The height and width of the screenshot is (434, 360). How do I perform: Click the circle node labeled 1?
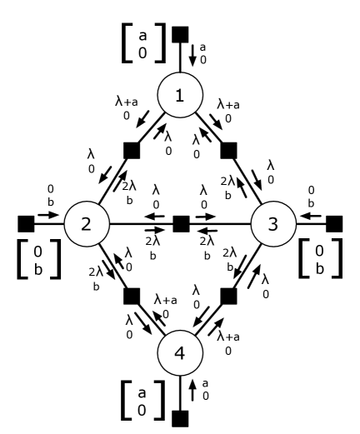180,97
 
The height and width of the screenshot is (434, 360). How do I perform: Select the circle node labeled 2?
86,223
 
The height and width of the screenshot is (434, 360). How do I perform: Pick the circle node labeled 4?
180,350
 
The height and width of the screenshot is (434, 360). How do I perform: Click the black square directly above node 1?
180,34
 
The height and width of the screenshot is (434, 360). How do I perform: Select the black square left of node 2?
24,223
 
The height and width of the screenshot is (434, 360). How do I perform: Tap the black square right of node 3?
336,223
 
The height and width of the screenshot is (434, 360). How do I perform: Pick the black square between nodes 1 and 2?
132,151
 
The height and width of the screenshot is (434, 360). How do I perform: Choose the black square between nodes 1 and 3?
229,151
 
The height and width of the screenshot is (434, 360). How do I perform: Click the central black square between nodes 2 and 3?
180,223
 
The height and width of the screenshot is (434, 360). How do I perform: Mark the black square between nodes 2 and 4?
132,296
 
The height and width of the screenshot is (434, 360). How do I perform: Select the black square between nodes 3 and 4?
229,296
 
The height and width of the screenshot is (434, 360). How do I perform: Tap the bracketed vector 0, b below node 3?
323,270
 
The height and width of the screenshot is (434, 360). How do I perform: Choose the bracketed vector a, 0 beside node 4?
137,400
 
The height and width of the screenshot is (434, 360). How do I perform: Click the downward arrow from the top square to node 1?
192,55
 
